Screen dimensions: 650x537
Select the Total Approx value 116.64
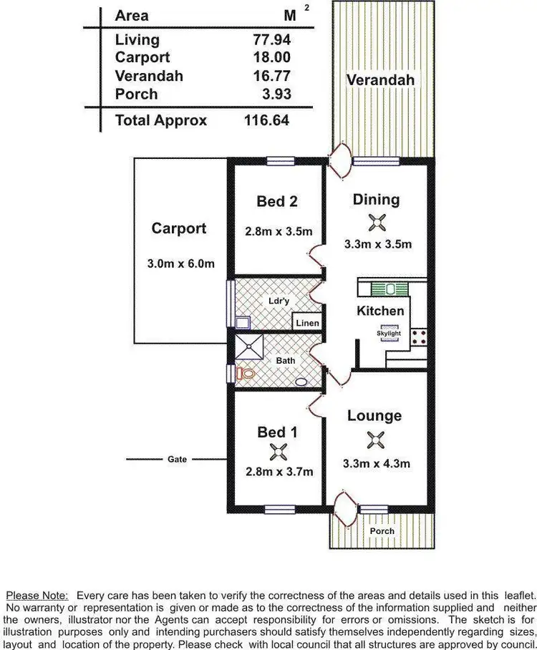point(266,120)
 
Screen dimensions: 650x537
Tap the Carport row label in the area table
point(142,58)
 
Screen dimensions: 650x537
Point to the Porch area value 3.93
point(276,94)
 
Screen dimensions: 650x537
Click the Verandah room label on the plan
point(380,80)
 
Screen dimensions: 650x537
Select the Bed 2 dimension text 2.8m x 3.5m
point(277,231)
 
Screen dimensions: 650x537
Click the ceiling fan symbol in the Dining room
point(377,223)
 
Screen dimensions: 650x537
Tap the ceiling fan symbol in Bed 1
point(278,452)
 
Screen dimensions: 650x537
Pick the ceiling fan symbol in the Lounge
point(375,439)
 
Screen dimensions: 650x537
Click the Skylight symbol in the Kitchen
point(389,334)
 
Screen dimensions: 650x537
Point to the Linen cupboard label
point(307,324)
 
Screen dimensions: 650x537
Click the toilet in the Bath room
point(246,373)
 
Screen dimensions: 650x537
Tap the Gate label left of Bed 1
point(178,459)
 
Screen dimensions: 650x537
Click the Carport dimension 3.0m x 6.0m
point(180,263)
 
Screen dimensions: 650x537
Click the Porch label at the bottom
point(382,531)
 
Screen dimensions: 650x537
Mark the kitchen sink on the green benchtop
point(391,289)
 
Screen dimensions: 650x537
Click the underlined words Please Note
point(37,596)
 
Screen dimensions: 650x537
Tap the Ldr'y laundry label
point(279,301)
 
